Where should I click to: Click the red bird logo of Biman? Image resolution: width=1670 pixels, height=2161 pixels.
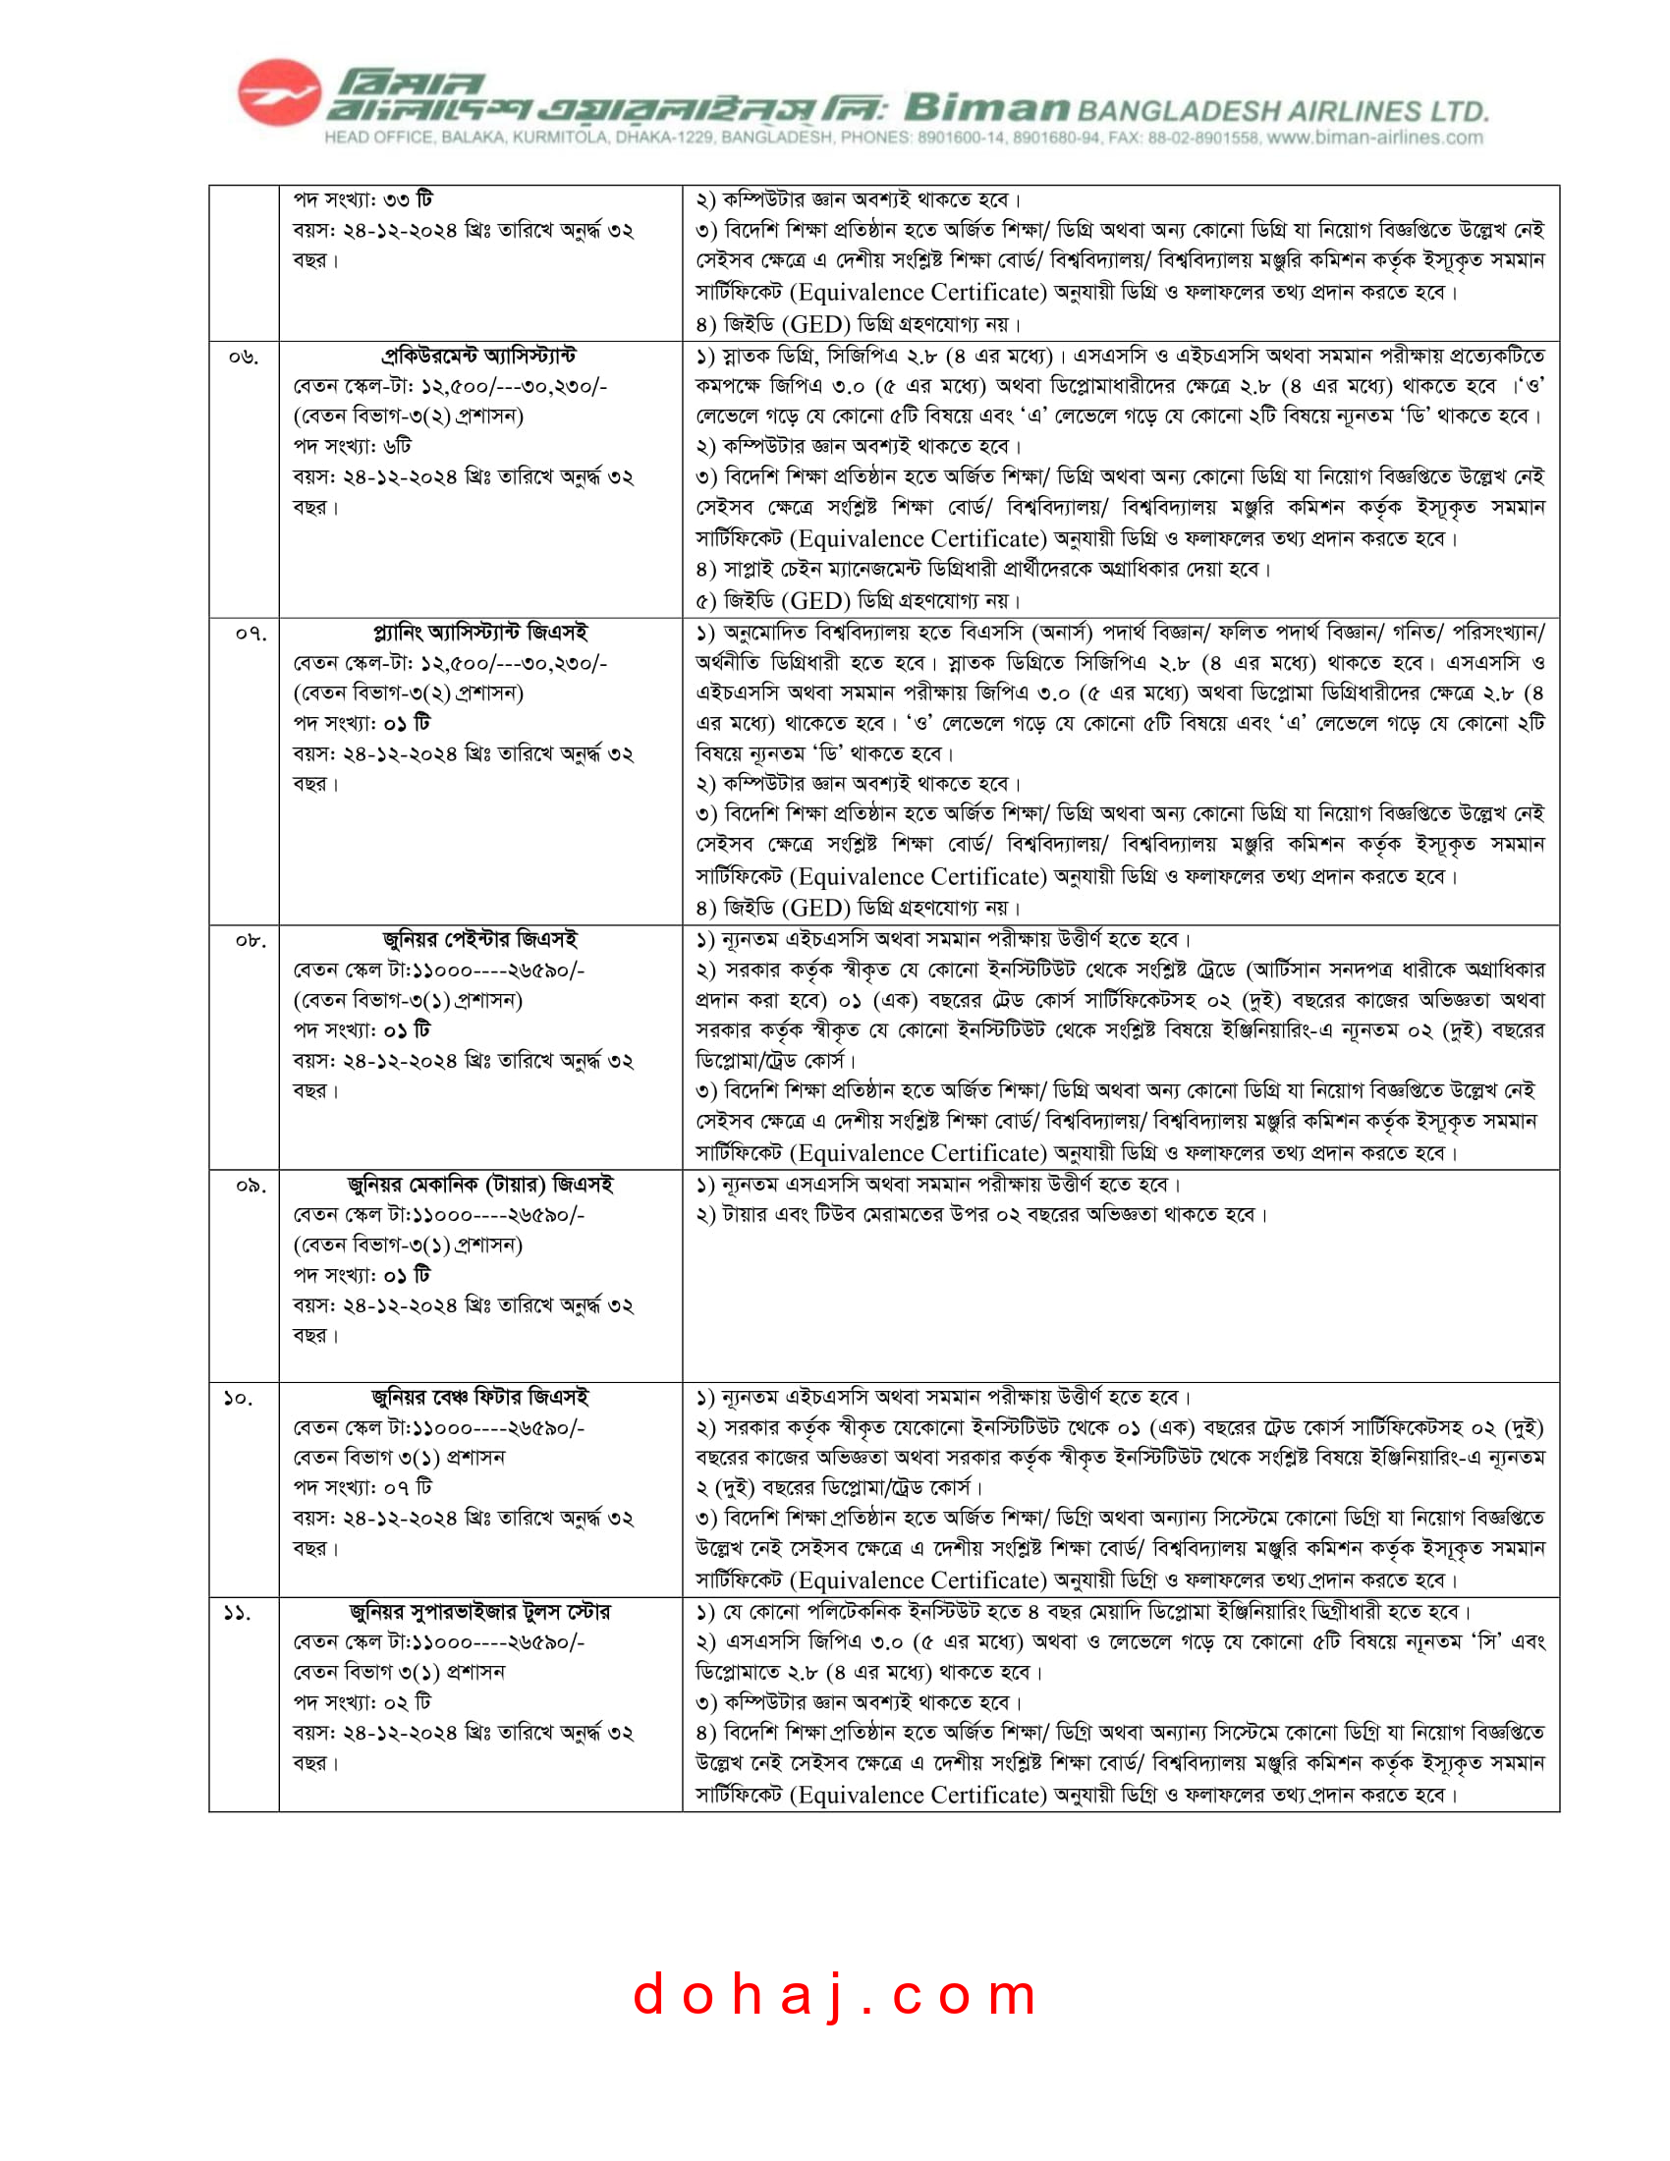[279, 93]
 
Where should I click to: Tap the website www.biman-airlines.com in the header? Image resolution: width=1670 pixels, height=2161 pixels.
[1375, 138]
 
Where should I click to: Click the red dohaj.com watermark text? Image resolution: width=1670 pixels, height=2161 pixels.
[835, 1994]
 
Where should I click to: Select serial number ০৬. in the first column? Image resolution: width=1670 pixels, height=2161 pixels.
[244, 358]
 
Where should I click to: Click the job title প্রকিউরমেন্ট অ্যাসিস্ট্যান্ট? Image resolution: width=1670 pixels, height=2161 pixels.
[478, 357]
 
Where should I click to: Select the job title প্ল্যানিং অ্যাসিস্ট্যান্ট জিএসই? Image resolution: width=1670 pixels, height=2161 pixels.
[479, 633]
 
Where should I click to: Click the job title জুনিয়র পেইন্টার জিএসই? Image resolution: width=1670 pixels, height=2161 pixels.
[479, 939]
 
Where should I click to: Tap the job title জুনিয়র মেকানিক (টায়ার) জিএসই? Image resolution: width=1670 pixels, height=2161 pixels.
[479, 1185]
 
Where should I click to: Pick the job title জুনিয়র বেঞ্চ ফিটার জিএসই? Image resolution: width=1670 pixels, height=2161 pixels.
[479, 1397]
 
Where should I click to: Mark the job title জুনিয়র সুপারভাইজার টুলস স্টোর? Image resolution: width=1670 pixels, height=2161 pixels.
[479, 1612]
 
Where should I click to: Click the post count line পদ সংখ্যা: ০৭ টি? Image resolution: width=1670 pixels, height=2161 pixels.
[362, 1487]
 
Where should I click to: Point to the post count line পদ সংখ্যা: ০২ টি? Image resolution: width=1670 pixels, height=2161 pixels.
[362, 1702]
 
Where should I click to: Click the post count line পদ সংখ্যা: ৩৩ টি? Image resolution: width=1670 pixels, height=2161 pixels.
[362, 199]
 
